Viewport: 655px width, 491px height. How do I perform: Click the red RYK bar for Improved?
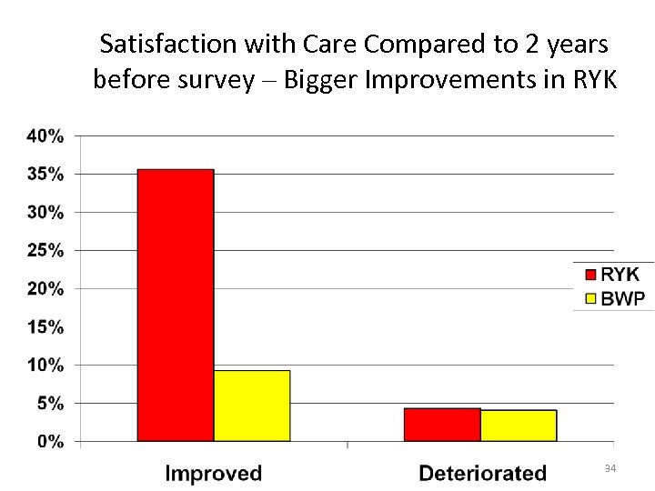coord(176,305)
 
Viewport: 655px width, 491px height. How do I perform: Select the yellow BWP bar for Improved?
coord(252,406)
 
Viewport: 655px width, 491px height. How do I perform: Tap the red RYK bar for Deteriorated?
coord(442,425)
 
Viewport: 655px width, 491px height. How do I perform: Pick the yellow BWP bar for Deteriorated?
coord(519,426)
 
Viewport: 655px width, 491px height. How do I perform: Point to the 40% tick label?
coord(45,136)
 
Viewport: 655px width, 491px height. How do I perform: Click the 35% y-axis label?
coord(45,174)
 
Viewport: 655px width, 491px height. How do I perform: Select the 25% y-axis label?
coord(45,250)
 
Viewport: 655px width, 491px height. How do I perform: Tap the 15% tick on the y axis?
coord(45,326)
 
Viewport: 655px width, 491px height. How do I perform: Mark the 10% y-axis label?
coord(45,366)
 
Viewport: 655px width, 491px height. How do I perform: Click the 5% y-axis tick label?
coord(49,404)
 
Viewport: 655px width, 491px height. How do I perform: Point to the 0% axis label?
coord(49,442)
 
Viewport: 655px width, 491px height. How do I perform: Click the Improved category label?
coord(213,473)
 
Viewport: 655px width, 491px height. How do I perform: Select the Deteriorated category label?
coord(482,473)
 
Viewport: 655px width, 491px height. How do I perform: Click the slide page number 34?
coord(610,468)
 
